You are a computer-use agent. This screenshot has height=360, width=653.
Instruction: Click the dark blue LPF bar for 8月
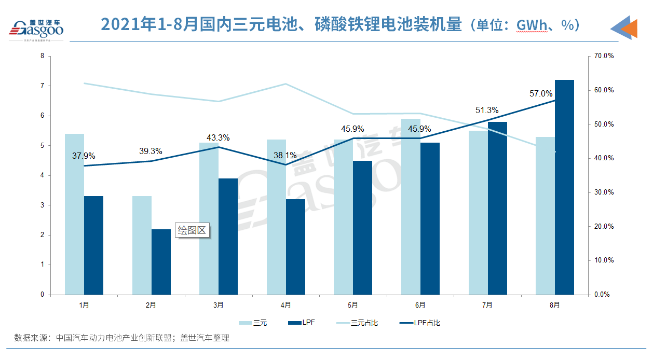564,187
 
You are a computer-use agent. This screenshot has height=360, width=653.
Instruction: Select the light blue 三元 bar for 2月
142,245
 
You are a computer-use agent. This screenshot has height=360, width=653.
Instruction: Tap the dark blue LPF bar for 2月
161,262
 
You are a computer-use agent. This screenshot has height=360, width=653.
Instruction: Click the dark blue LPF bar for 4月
295,247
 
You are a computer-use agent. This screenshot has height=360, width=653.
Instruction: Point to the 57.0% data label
541,94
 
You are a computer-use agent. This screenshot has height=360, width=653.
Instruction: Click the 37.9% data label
84,156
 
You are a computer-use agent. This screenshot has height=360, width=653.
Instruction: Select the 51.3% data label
487,110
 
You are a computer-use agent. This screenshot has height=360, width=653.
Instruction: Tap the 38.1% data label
285,155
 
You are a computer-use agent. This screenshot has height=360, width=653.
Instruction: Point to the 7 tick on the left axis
42,86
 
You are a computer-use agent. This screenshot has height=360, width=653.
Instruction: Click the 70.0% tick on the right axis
604,56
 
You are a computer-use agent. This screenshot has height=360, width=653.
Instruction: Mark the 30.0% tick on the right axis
604,192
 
